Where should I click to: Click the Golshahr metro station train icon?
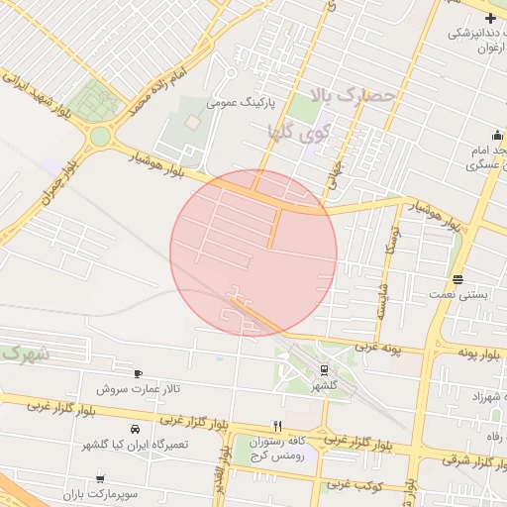tap(323, 369)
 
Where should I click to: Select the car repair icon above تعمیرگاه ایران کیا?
tap(134, 430)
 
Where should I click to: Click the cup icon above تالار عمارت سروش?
tap(137, 373)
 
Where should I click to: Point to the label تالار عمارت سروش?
tap(145, 388)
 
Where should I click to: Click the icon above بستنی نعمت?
tap(456, 279)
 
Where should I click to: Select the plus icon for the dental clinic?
tap(491, 17)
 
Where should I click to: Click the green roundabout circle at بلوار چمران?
tap(100, 136)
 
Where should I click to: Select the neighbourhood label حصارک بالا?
tap(353, 96)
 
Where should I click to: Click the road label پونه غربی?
tap(374, 347)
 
